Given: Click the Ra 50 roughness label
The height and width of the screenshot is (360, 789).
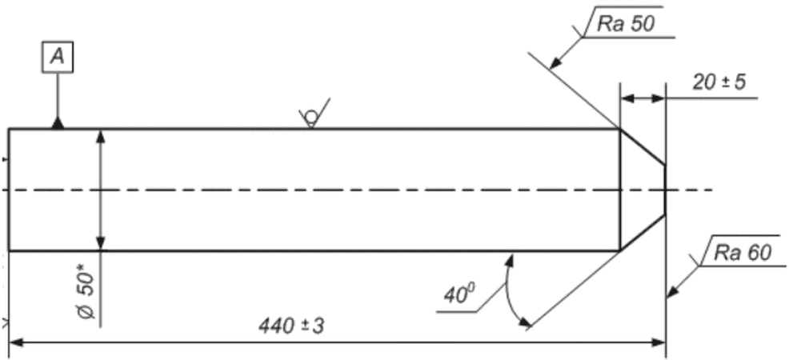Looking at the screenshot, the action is click(x=625, y=24).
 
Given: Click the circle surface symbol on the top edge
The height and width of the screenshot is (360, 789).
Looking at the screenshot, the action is click(x=310, y=118).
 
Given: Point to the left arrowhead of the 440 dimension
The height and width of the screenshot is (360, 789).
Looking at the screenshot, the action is click(x=16, y=342).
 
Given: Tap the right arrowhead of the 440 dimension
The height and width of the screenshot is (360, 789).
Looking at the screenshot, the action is click(x=658, y=342).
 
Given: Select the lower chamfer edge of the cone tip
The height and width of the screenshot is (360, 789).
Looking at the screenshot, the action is click(x=643, y=233).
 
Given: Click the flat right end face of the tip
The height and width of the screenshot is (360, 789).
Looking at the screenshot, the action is click(x=666, y=190).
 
